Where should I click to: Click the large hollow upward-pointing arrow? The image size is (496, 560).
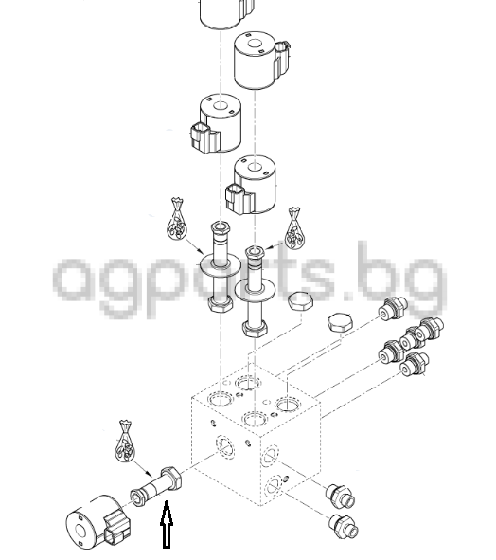(x=167, y=524)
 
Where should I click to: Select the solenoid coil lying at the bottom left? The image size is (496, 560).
(x=97, y=522)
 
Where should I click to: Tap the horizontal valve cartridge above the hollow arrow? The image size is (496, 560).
(x=156, y=486)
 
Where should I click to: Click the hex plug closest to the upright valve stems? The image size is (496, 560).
(x=300, y=301)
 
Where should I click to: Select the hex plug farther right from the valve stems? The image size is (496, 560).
(x=341, y=323)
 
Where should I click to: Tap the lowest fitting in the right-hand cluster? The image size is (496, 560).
(x=414, y=364)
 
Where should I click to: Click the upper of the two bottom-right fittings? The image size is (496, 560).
(x=340, y=496)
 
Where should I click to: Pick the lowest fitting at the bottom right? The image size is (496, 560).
(x=344, y=526)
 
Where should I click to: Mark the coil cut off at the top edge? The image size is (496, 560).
(x=227, y=13)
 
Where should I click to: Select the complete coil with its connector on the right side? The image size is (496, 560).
(x=261, y=60)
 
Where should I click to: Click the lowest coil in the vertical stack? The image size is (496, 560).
(x=251, y=185)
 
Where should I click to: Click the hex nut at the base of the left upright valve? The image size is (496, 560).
(x=221, y=304)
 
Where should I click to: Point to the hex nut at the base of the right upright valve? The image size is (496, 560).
(x=255, y=328)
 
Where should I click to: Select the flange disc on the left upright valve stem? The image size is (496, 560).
(x=219, y=264)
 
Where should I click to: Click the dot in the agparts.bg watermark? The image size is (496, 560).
(x=348, y=295)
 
